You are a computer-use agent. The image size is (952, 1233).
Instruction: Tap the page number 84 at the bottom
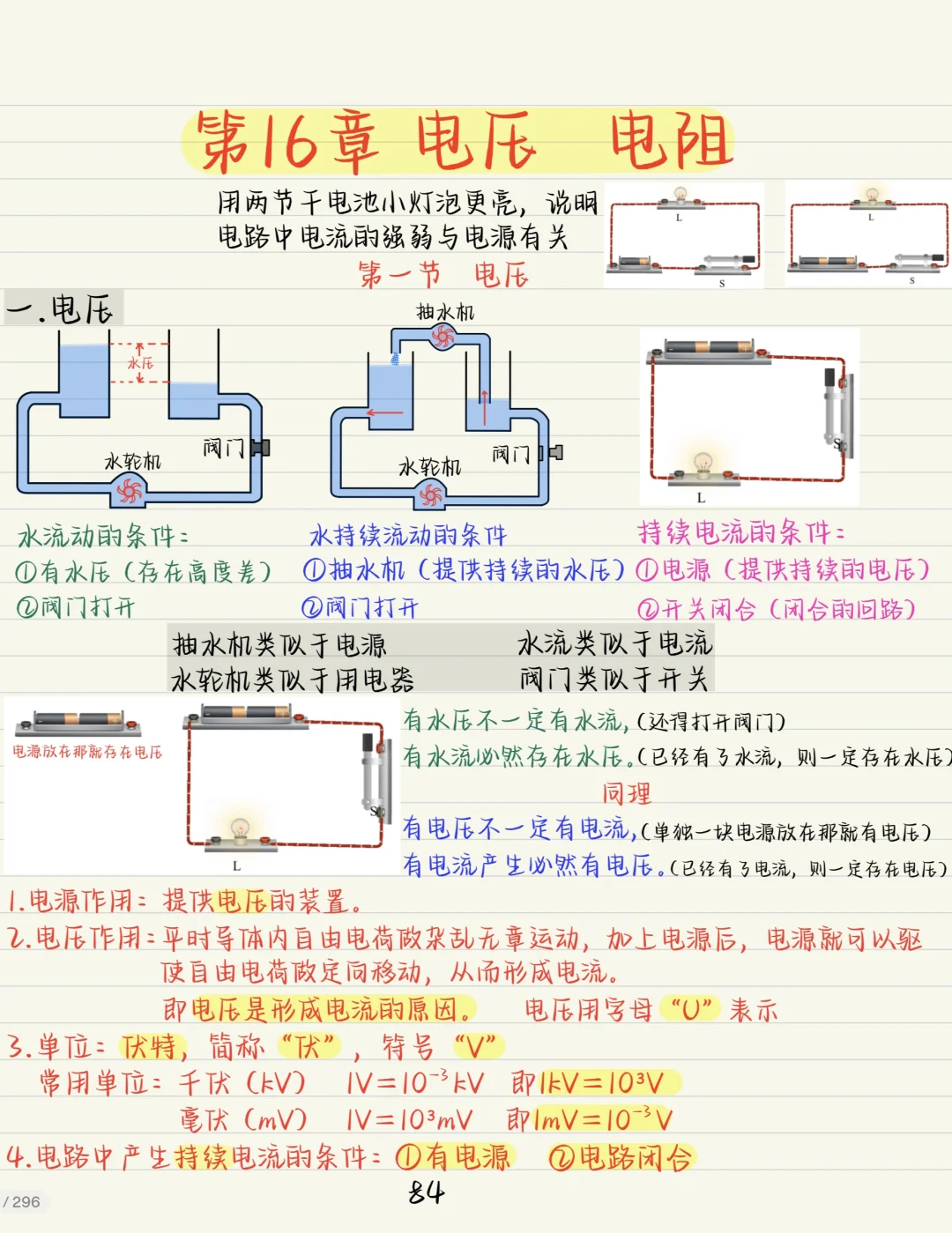click(x=426, y=1192)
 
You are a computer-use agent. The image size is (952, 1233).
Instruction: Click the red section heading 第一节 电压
click(x=443, y=275)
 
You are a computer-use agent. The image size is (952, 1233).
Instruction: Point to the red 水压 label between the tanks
click(x=140, y=362)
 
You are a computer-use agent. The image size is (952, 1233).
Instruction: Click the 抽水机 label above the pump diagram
click(x=445, y=312)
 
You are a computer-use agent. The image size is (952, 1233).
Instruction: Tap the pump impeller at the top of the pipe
click(x=443, y=337)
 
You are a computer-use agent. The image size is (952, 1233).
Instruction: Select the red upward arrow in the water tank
click(x=485, y=407)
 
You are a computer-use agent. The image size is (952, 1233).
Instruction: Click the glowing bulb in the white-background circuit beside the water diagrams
click(x=703, y=463)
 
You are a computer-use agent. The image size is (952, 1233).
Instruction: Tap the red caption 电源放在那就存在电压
click(x=87, y=753)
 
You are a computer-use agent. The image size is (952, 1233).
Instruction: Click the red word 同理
click(x=627, y=792)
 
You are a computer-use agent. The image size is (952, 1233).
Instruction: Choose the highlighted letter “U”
click(x=691, y=1008)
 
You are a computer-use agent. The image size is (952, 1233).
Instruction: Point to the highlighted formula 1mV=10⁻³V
click(x=603, y=1119)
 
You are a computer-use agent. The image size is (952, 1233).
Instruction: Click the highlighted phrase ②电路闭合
click(x=620, y=1157)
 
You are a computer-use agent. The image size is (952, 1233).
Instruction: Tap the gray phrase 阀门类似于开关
click(x=614, y=678)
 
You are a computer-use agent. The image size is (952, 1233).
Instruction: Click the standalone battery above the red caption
click(x=78, y=721)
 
